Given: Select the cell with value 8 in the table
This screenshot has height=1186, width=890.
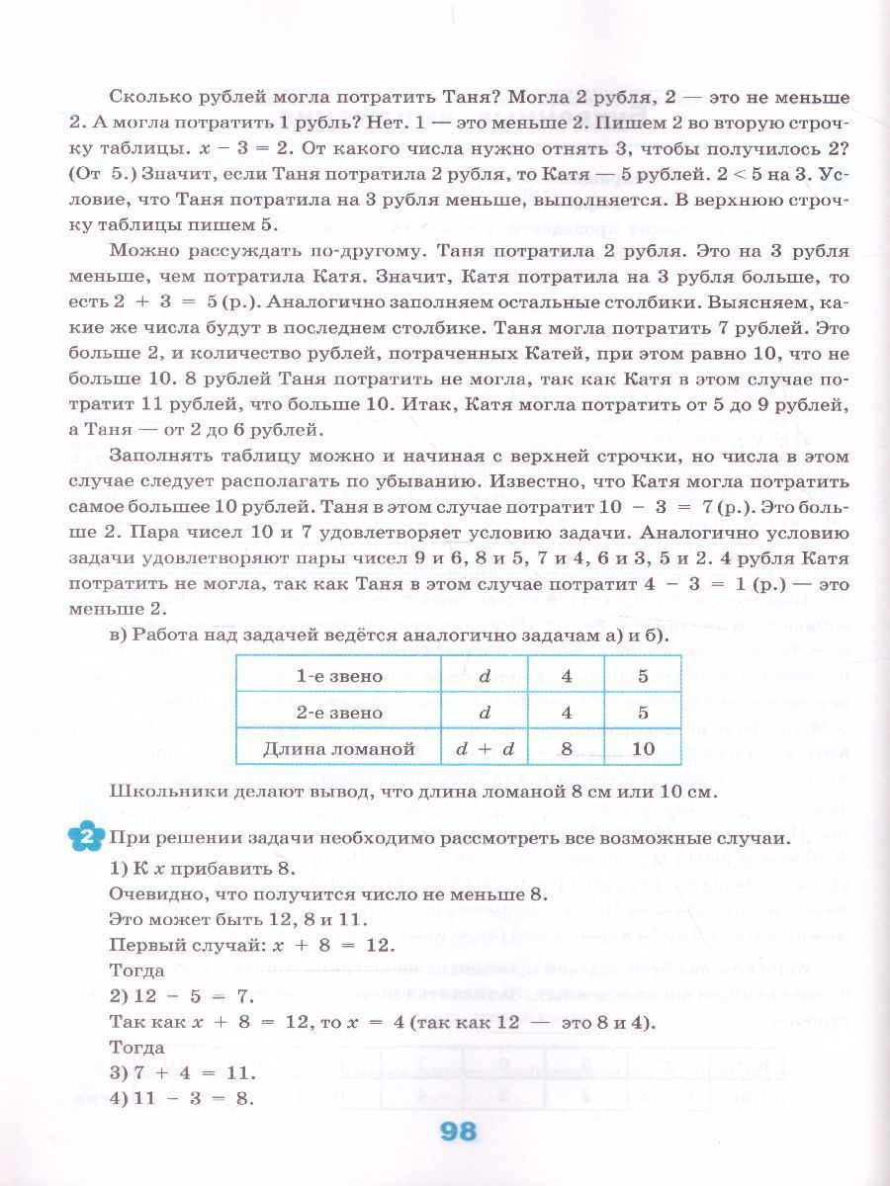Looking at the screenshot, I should click(567, 748).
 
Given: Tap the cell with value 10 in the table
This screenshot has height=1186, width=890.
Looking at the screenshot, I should click(642, 748).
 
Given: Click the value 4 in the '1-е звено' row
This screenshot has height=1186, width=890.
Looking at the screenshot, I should click(567, 678).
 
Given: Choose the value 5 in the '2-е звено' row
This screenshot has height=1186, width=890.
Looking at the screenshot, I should click(642, 713).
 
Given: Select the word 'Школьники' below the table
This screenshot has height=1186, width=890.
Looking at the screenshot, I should click(165, 792).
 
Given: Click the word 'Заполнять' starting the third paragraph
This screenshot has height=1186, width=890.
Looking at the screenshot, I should click(159, 456).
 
